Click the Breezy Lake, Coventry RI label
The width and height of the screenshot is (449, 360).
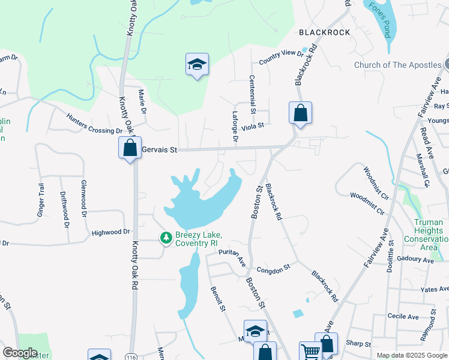click(199, 238)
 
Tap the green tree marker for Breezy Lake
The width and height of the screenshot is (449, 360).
click(166, 238)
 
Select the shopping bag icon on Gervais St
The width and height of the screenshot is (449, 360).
click(130, 148)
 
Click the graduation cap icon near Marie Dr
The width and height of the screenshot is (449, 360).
click(196, 64)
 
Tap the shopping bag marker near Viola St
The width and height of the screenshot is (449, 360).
click(300, 113)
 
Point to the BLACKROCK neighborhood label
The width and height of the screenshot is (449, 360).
click(325, 32)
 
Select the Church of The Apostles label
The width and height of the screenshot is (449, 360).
click(397, 65)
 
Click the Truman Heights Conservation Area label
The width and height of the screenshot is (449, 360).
click(429, 235)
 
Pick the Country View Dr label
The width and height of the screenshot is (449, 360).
click(282, 58)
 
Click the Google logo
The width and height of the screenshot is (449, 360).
click(20, 353)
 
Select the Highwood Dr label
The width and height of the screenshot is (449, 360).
click(110, 232)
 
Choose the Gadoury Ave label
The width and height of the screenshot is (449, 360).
click(418, 260)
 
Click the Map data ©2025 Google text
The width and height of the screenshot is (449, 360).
click(411, 355)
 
